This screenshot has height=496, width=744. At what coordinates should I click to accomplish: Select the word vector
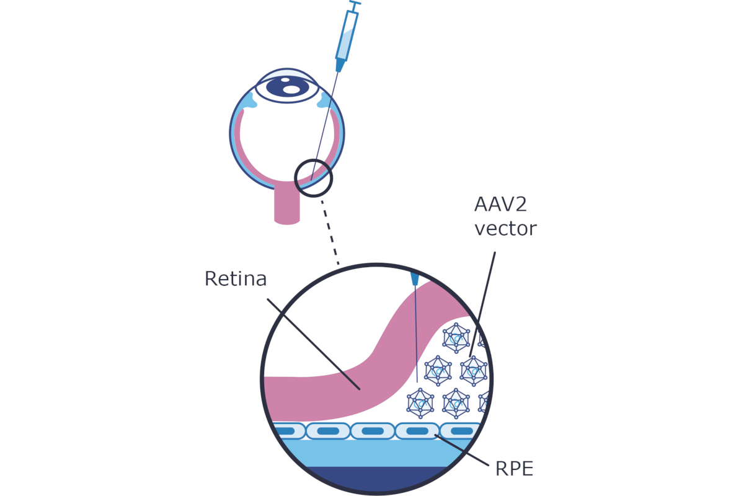tap(505, 229)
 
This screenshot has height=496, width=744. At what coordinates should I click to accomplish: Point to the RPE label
tap(514, 469)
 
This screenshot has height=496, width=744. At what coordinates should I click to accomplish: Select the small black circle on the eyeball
tap(313, 178)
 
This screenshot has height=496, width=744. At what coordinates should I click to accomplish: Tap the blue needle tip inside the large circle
tap(415, 278)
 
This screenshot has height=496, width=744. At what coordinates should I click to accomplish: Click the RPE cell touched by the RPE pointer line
tap(417, 430)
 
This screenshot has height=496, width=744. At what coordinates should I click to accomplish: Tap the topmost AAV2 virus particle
tap(457, 337)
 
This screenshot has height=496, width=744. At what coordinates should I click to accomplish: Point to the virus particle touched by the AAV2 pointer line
tap(474, 370)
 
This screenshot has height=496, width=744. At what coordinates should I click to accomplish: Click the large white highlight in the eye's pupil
tap(291, 90)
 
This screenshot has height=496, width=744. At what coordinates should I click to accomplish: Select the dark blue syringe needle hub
tap(340, 64)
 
